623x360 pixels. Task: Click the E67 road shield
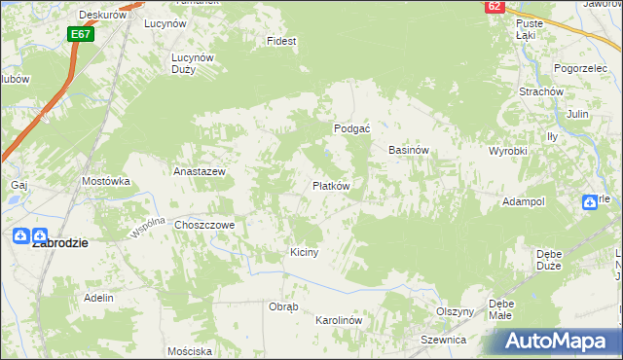click(81, 34)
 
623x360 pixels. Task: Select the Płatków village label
click(331, 185)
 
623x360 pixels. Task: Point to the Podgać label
click(351, 128)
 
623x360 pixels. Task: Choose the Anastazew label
click(200, 171)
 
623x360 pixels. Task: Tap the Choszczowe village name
click(205, 225)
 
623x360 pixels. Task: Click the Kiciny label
click(305, 252)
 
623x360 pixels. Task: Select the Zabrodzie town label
click(60, 244)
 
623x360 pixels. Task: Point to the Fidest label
click(282, 42)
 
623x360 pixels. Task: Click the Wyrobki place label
click(507, 152)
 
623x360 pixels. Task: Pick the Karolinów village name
click(340, 320)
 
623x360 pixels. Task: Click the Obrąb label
click(283, 306)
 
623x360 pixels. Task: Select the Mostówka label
click(106, 181)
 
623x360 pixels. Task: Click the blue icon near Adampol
click(590, 202)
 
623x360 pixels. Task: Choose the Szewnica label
click(443, 340)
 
